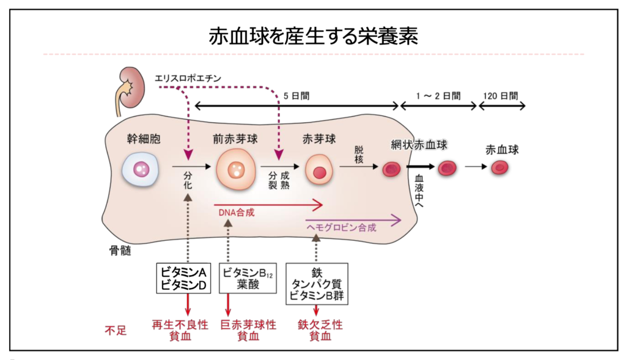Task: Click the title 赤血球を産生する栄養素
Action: click(x=313, y=36)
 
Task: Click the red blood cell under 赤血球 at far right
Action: click(x=501, y=167)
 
